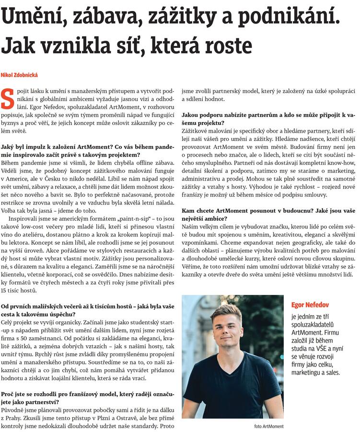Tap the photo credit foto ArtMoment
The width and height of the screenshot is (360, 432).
click(268, 426)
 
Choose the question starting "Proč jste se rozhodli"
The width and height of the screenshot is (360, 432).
click(87, 398)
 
